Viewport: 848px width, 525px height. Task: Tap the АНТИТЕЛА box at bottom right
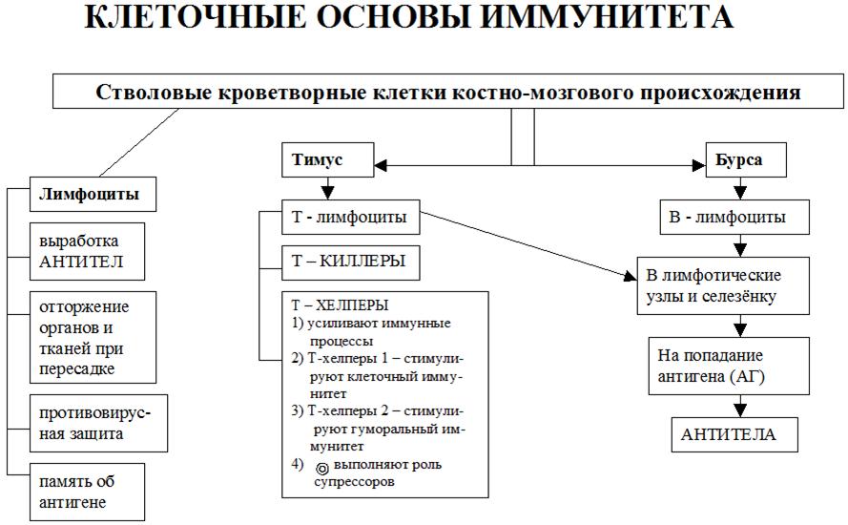coord(729,434)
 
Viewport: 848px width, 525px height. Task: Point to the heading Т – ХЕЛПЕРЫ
coord(340,305)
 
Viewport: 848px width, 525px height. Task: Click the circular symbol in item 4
coord(321,467)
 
